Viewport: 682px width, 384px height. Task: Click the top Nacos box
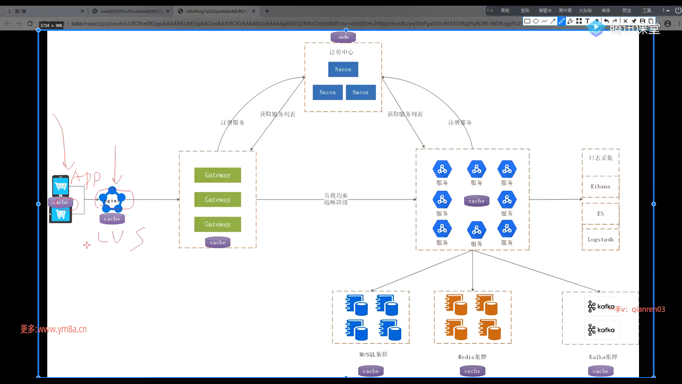(343, 69)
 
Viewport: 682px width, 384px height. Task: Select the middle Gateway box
(217, 199)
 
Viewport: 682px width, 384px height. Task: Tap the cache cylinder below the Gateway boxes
(218, 242)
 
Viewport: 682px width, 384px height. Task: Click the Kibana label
(600, 187)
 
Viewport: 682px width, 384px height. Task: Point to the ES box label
(600, 214)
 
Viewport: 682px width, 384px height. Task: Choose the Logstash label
(600, 240)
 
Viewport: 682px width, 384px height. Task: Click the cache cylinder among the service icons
(476, 201)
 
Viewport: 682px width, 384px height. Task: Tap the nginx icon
(112, 199)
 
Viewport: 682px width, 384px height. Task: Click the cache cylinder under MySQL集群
(371, 371)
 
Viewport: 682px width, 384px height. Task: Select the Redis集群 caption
(472, 357)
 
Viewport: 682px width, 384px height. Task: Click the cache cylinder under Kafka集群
(600, 371)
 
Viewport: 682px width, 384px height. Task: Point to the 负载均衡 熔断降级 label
(336, 199)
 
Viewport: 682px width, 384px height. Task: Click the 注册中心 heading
(341, 52)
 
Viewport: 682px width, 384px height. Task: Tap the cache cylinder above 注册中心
(343, 37)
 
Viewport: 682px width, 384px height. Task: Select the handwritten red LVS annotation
(121, 238)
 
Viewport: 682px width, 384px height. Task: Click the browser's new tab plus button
(267, 11)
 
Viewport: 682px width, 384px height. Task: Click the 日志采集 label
(601, 158)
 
